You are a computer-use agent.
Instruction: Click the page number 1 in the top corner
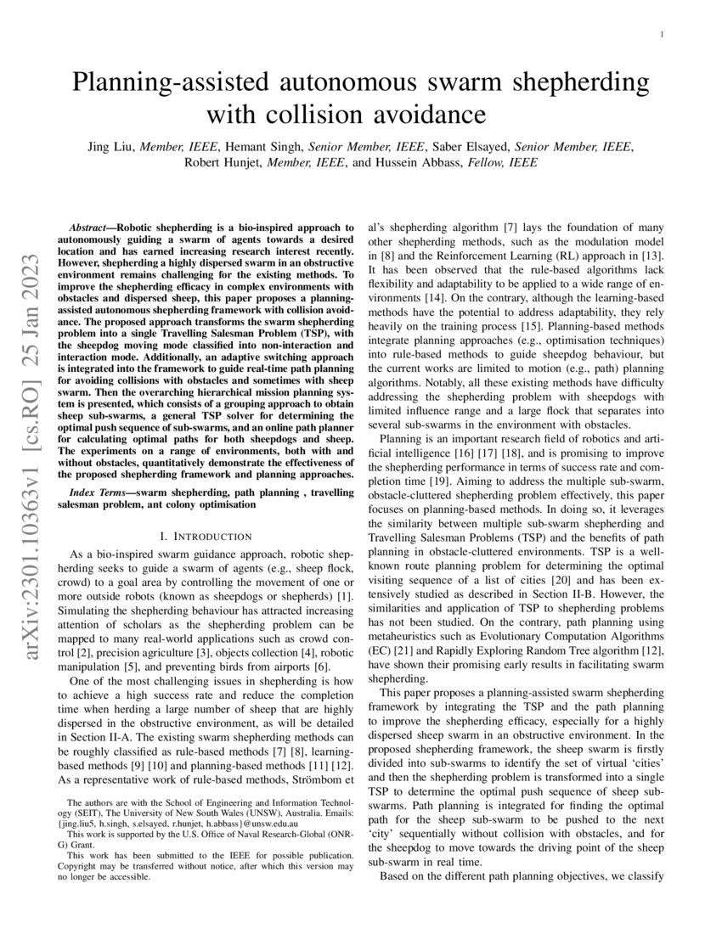coord(661,35)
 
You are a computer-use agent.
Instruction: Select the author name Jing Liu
coord(111,147)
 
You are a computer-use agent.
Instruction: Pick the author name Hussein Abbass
coord(419,163)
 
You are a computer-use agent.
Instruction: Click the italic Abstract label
coord(89,229)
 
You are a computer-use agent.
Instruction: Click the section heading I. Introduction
coord(206,537)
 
